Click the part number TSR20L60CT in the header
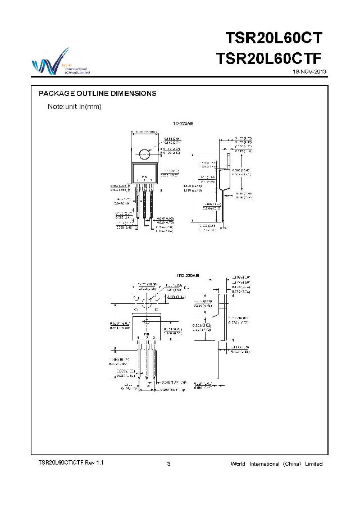pyautogui.click(x=274, y=38)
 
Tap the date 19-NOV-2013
pyautogui.click(x=309, y=72)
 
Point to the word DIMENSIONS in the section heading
pyautogui.click(x=131, y=93)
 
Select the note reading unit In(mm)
pyautogui.click(x=74, y=106)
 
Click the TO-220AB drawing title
pyautogui.click(x=183, y=122)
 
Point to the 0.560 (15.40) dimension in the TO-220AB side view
pyautogui.click(x=244, y=170)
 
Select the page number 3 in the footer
pyautogui.click(x=169, y=463)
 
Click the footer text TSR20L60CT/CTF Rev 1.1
pyautogui.click(x=71, y=462)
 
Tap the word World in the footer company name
pyautogui.click(x=238, y=463)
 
